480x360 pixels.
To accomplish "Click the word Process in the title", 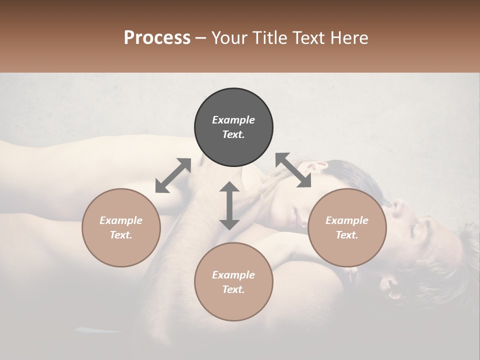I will click(x=157, y=38).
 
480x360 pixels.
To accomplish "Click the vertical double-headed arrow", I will click(x=229, y=205).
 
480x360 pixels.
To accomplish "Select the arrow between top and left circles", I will click(x=173, y=175).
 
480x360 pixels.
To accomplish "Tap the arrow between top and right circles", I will click(x=293, y=170).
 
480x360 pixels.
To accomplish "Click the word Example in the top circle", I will click(x=233, y=120).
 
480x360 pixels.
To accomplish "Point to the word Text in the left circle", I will click(x=121, y=235).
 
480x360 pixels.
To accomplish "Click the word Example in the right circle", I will click(x=347, y=220).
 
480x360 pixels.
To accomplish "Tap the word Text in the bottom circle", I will click(x=233, y=289).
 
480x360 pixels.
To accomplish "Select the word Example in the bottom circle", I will click(x=233, y=275).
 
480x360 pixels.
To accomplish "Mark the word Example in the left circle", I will click(x=121, y=220).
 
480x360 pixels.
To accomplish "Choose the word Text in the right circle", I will click(x=347, y=235).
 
